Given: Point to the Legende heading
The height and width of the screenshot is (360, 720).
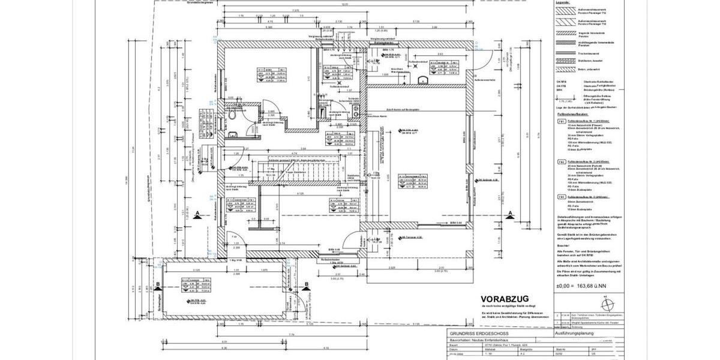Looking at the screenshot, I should (563, 4).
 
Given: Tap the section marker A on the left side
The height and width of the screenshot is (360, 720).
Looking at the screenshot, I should (197, 217).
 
